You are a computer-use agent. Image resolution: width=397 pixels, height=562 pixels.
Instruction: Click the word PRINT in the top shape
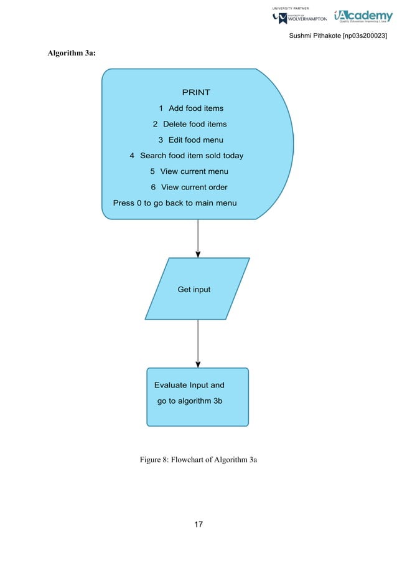point(196,93)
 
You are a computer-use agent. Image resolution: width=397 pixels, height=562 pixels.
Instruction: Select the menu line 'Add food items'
point(191,108)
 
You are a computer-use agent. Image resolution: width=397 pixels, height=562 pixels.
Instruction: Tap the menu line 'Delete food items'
point(190,124)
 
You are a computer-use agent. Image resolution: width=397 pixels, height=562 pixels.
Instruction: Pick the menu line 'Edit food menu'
point(190,140)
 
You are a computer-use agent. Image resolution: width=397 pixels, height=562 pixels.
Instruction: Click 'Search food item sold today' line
point(186,156)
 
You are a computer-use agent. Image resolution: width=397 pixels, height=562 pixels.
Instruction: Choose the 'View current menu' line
point(189,171)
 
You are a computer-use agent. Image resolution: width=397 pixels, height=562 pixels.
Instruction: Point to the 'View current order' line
point(189,187)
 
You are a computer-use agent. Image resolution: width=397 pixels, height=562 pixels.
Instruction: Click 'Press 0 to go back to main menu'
point(175,203)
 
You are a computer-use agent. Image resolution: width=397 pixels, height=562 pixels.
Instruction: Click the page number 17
point(198,525)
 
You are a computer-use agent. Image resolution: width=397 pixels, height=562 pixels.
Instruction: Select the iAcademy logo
point(363,17)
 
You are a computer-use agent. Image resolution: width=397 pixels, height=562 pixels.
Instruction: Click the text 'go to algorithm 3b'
point(190,401)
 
